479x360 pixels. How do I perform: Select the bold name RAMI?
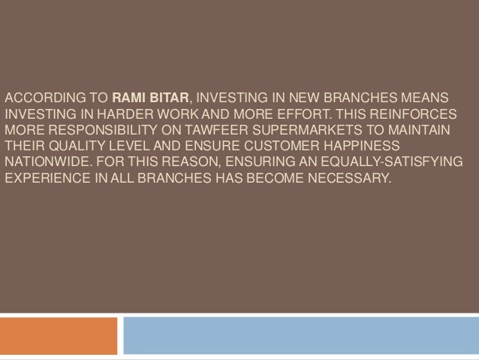pos(129,98)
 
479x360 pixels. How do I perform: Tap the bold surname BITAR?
pos(168,98)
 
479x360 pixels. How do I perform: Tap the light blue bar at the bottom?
pos(300,335)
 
